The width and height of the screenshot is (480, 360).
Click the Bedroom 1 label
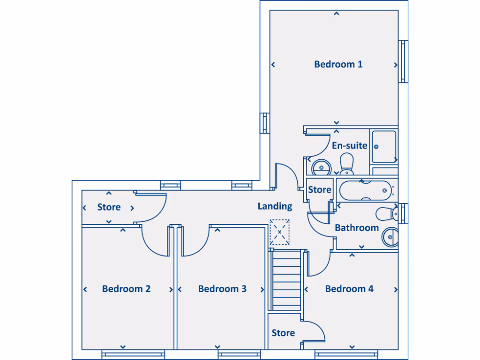[338, 64]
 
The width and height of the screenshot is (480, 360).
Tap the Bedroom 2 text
[126, 289]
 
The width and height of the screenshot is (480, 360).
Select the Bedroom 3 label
[222, 289]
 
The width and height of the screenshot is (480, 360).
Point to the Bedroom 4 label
[349, 289]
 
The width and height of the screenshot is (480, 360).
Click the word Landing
[275, 206]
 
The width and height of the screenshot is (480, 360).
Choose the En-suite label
[349, 145]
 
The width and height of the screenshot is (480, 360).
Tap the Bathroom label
[357, 228]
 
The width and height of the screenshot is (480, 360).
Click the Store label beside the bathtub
[320, 190]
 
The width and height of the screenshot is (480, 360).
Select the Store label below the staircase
[283, 333]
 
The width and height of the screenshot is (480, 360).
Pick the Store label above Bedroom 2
[109, 207]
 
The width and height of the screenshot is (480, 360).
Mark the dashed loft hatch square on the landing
[280, 232]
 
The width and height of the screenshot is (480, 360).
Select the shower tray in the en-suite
[384, 147]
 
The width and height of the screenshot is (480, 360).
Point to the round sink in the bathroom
[390, 237]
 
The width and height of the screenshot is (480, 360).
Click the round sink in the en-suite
[321, 166]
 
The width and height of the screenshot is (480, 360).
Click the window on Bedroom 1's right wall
[403, 61]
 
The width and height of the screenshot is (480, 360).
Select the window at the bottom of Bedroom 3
[233, 354]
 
